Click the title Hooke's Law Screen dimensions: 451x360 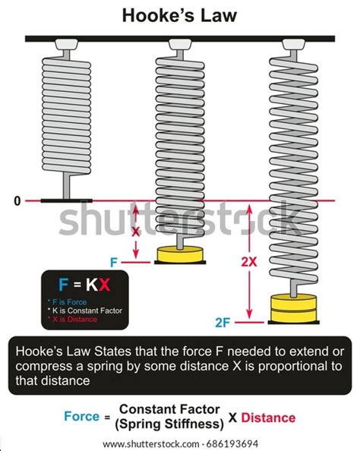[179, 14]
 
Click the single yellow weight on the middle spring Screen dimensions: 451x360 [180, 254]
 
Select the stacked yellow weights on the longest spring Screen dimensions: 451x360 [290, 307]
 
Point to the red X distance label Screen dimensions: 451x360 [137, 232]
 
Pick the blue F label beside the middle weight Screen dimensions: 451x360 [114, 262]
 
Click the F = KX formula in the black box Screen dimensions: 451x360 [84, 285]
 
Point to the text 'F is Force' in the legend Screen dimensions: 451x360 [76, 301]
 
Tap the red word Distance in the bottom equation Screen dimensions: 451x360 [270, 418]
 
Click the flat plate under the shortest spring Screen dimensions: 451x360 [66, 200]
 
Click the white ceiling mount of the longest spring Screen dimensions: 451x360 [289, 46]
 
